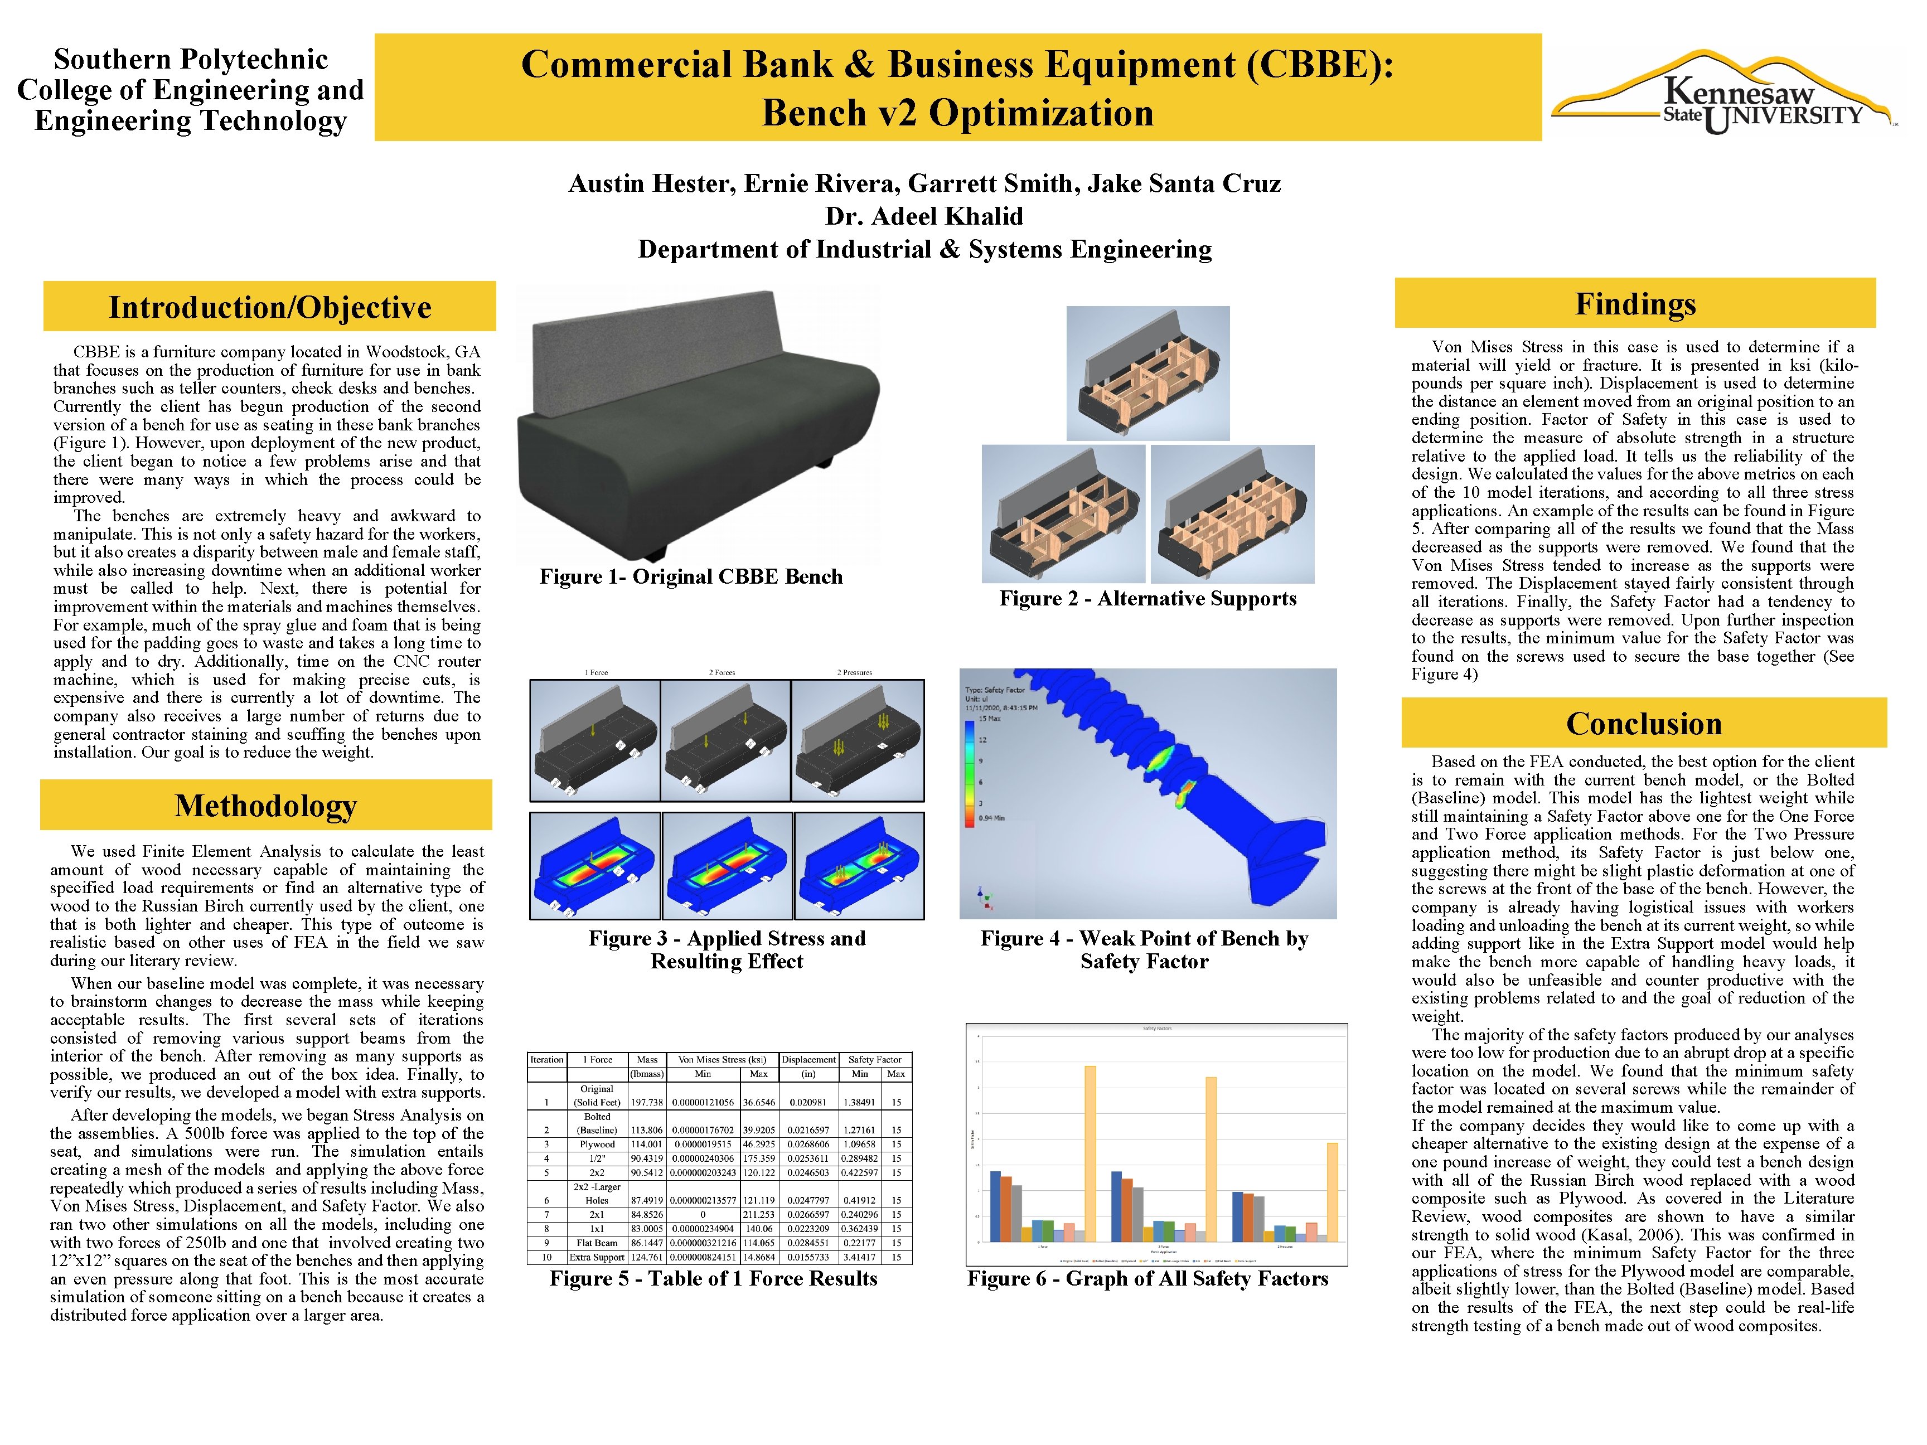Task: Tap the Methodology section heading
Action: pyautogui.click(x=266, y=806)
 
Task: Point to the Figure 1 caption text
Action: pyautogui.click(x=691, y=576)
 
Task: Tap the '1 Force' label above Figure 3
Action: pyautogui.click(x=596, y=672)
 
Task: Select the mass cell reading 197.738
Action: pyautogui.click(x=646, y=1102)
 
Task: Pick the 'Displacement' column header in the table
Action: pyautogui.click(x=808, y=1060)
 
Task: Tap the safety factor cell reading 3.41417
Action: pyautogui.click(x=859, y=1257)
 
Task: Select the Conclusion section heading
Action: pyautogui.click(x=1643, y=724)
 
